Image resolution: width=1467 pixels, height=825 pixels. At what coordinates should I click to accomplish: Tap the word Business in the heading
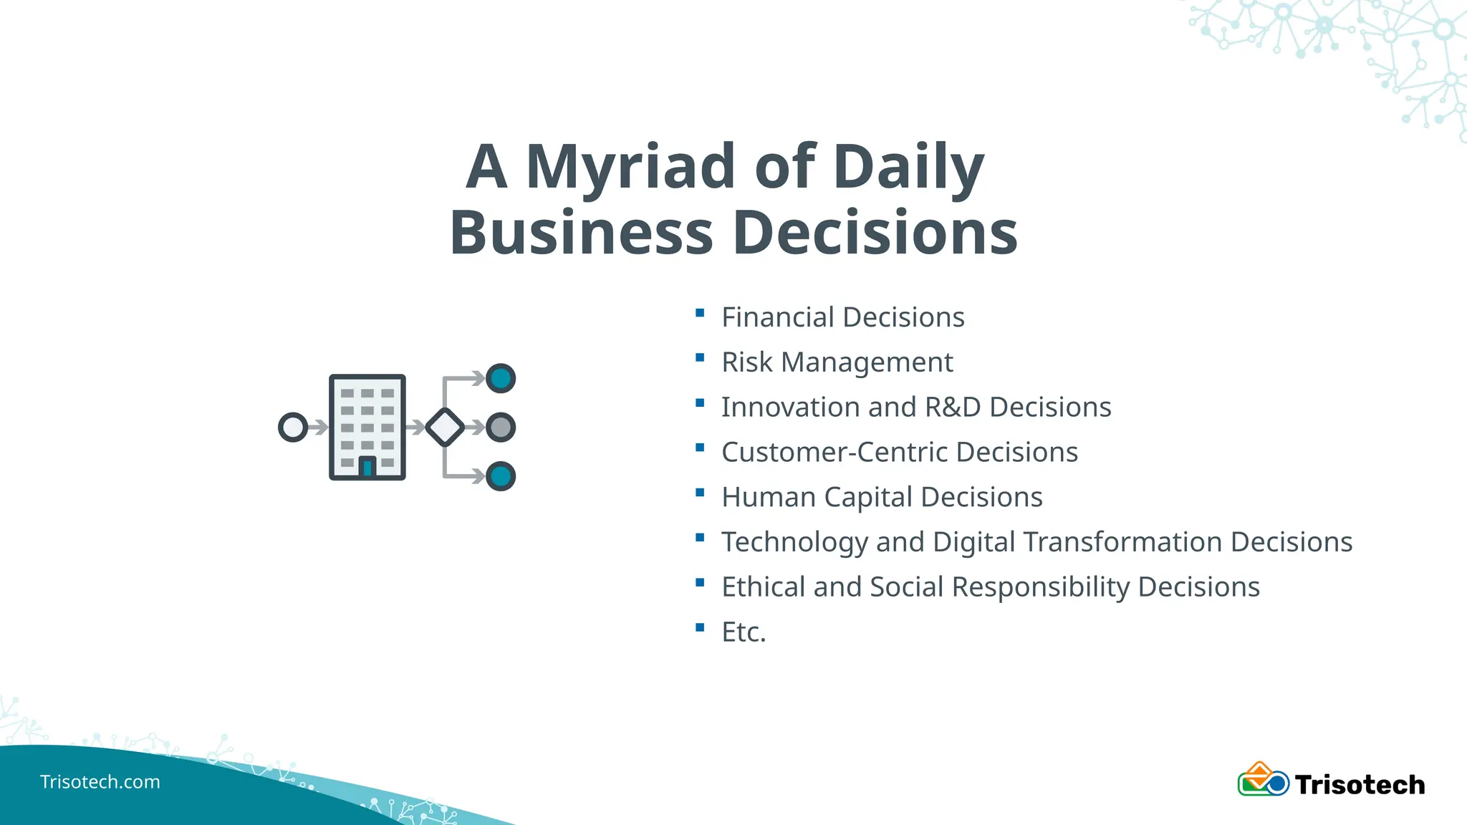point(581,233)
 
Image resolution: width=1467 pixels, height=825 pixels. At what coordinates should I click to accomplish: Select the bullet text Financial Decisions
point(842,317)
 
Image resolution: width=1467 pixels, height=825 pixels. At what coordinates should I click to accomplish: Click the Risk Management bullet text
point(837,362)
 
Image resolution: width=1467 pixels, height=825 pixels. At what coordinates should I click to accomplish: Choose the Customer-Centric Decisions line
point(899,453)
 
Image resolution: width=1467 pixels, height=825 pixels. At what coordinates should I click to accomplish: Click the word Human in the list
point(769,497)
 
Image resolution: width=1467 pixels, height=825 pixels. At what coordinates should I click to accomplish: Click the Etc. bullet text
point(744,632)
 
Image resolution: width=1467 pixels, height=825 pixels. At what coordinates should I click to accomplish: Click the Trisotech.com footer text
point(100,782)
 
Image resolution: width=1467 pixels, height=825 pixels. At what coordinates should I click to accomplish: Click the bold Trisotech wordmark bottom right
point(1360,785)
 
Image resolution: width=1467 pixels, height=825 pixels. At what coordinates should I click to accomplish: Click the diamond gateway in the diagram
point(445,428)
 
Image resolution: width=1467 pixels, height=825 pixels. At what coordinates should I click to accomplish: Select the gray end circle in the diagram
point(501,428)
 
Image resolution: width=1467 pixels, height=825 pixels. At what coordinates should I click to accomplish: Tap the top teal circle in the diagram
point(501,378)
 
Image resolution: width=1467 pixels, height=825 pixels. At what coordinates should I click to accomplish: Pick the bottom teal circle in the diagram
point(501,476)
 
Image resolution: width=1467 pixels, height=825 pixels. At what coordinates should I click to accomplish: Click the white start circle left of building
point(293,428)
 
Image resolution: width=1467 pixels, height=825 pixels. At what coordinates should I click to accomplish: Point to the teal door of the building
point(367,468)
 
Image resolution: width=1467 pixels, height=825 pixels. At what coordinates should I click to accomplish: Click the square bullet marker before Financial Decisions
point(700,313)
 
